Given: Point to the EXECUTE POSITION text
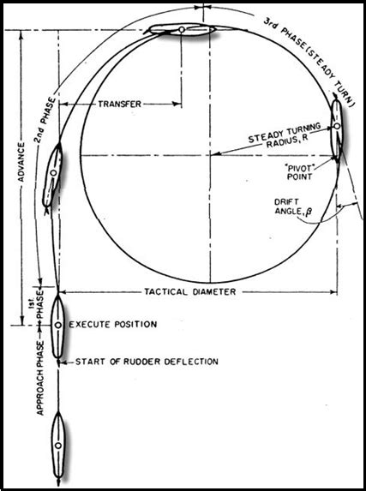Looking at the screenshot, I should click(113, 326).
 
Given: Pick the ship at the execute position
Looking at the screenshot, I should click(57, 325).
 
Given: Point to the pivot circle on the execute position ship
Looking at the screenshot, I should click(57, 326).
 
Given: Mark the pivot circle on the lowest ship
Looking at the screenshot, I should click(57, 446).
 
